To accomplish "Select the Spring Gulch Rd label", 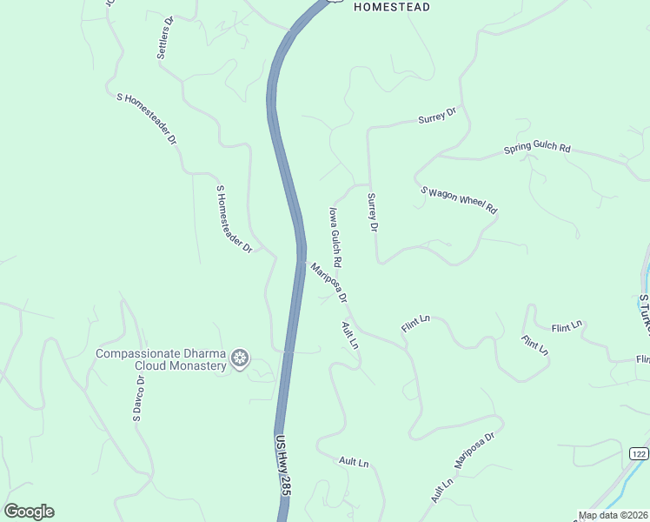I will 537,149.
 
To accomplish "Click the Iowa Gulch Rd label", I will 335,237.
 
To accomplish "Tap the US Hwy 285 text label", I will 282,465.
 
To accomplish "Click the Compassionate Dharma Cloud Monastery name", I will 161,359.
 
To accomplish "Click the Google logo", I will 29,512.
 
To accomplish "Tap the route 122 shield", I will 639,454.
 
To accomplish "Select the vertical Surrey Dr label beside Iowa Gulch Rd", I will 373,212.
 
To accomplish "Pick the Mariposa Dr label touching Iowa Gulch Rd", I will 329,283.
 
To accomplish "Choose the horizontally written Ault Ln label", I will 354,462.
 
